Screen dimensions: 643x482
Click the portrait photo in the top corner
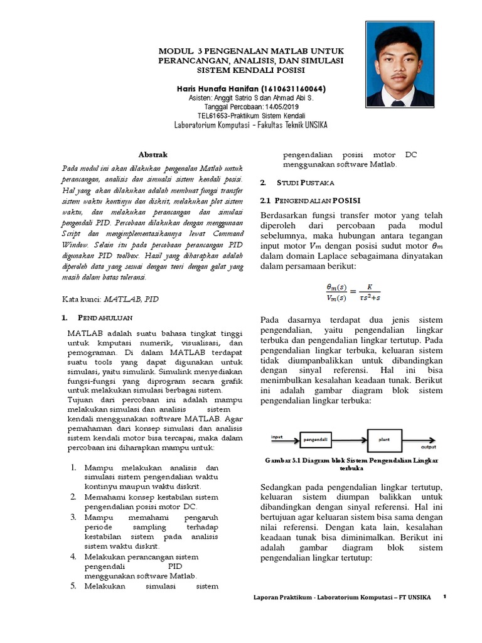pos(400,63)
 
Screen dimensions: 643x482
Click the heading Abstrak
pos(153,154)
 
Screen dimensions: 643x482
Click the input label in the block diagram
pos(277,435)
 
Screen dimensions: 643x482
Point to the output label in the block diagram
pos(429,448)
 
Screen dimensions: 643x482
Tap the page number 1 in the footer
pos(444,597)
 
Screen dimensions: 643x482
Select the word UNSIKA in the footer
pos(419,597)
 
